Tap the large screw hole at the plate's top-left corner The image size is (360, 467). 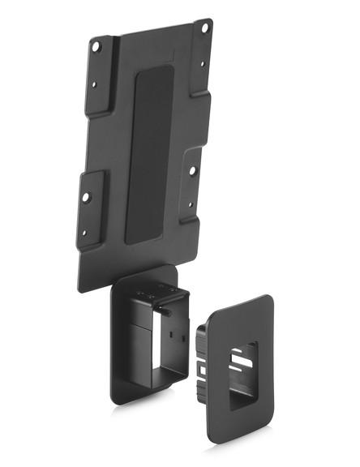point(98,47)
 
